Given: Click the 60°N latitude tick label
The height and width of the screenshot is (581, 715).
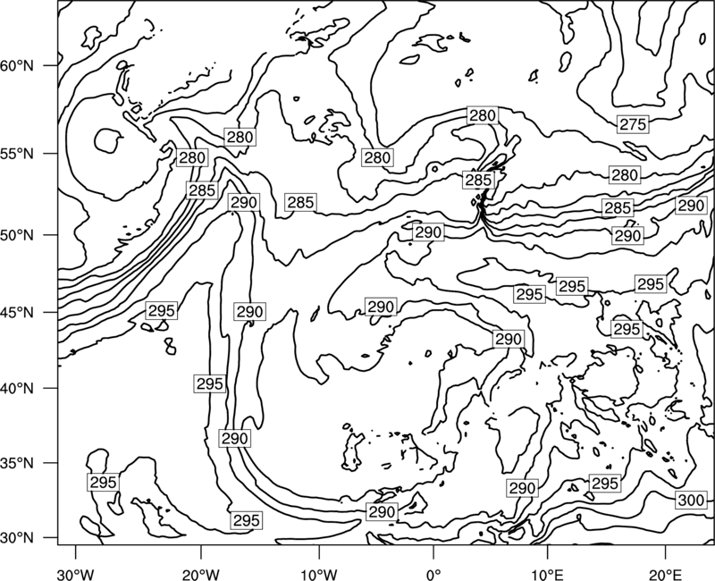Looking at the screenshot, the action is click(x=17, y=66).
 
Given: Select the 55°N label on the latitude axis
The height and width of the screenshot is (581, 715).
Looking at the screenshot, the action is click(x=17, y=154).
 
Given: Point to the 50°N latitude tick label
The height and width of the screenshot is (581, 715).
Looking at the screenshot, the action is click(x=17, y=235).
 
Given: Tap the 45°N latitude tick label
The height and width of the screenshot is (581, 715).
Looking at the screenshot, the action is click(x=17, y=313).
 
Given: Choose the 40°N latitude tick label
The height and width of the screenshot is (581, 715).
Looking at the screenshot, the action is click(x=17, y=389).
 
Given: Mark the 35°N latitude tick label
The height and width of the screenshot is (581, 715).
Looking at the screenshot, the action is click(x=17, y=463).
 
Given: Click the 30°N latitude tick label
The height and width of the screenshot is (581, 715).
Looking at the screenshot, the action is click(x=17, y=538).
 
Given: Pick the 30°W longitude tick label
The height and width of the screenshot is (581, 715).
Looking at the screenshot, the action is click(x=75, y=574).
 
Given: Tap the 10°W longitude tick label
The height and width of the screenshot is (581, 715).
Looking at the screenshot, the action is click(x=318, y=574).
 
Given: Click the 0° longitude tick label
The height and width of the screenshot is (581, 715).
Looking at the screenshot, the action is click(x=433, y=574).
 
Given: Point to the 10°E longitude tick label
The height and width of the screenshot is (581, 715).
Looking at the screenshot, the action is click(x=547, y=574).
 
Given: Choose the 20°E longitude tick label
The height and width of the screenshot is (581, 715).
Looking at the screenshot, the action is click(x=665, y=574).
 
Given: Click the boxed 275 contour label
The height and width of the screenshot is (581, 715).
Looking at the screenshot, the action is click(x=633, y=124).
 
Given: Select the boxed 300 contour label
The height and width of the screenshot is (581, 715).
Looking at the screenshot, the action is click(x=691, y=501).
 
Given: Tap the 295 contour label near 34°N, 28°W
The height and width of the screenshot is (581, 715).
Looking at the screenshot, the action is click(x=104, y=483).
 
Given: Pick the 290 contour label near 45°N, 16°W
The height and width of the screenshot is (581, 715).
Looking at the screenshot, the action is click(x=250, y=312).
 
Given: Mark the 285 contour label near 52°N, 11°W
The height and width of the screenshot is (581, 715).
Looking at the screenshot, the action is click(x=300, y=203).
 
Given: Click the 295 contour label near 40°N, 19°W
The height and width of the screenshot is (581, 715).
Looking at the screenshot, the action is click(x=210, y=384).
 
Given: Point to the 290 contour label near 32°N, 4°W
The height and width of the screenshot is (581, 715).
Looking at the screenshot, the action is click(x=382, y=511).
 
